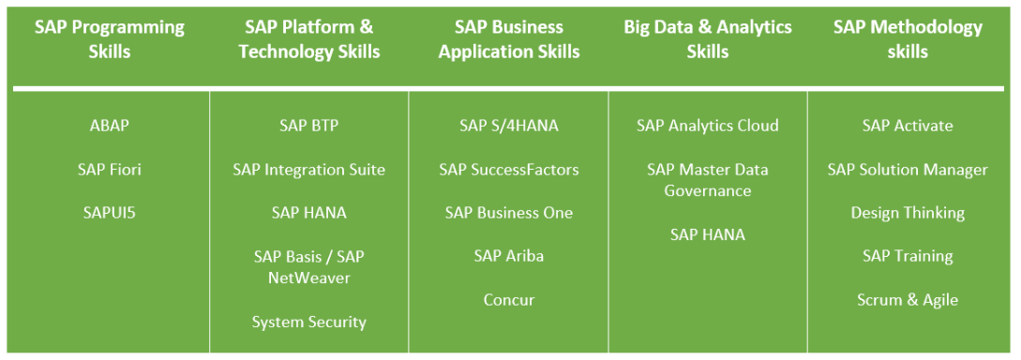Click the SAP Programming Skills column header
pos(110,39)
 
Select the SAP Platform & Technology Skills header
pos(309,39)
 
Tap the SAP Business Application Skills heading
pos(509,39)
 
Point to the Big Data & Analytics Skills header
pos(708,39)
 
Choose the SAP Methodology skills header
pos(908,39)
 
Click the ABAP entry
pos(110,126)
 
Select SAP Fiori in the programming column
pos(110,170)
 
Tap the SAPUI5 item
pos(110,213)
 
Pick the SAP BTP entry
pos(309,126)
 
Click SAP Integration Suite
pos(309,170)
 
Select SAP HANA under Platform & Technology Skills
pos(309,213)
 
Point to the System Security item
pos(309,322)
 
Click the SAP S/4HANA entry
pos(509,126)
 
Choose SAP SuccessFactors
pos(509,170)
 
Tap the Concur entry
pos(509,300)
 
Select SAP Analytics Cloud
pos(708,126)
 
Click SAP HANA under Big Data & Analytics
pos(708,234)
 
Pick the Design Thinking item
pos(908,213)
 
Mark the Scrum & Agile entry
pos(908,300)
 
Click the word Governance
pos(708,190)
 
